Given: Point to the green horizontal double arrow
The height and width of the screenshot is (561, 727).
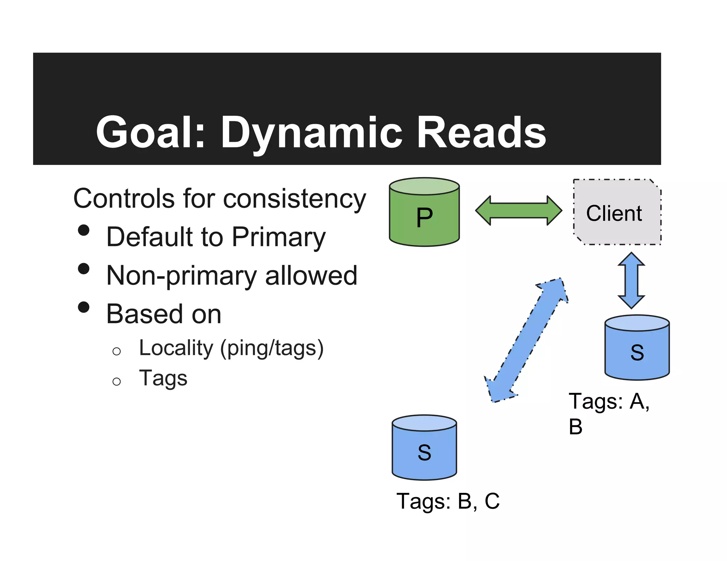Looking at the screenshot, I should pos(518,210).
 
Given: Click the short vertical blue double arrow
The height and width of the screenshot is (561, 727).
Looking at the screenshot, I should pos(631,280).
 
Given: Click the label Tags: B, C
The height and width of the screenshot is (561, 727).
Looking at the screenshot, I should pos(448,501).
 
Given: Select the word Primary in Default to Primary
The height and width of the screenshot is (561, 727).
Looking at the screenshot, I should pos(279,237).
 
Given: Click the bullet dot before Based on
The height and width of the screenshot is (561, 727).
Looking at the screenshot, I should pos(83,307).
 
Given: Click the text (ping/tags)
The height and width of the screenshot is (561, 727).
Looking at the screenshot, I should pos(272,348).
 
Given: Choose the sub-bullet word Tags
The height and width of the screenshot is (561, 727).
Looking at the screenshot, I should pos(163,378).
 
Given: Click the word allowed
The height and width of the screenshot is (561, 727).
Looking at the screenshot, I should pos(311,276).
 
